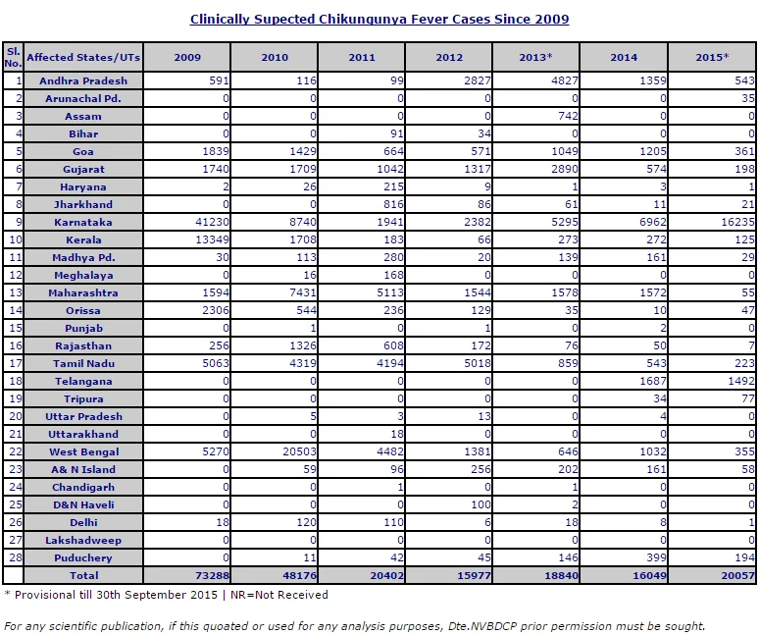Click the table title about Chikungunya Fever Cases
(x=379, y=20)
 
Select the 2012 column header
(x=449, y=57)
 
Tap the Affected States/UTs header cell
(x=83, y=57)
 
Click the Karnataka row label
(x=83, y=223)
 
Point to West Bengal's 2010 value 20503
(x=300, y=451)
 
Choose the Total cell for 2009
(x=212, y=575)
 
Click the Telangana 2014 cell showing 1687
(x=652, y=381)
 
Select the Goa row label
(x=83, y=151)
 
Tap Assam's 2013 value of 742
(x=568, y=116)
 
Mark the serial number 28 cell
(x=13, y=557)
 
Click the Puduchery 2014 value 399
(x=656, y=557)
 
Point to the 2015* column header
(x=712, y=57)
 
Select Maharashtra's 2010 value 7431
(x=303, y=293)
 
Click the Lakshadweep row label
(x=83, y=540)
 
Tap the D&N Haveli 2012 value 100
(x=481, y=504)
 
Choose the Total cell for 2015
(x=737, y=575)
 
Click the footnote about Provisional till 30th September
(x=166, y=595)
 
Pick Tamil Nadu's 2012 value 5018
(x=478, y=364)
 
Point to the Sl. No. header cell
(x=13, y=57)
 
